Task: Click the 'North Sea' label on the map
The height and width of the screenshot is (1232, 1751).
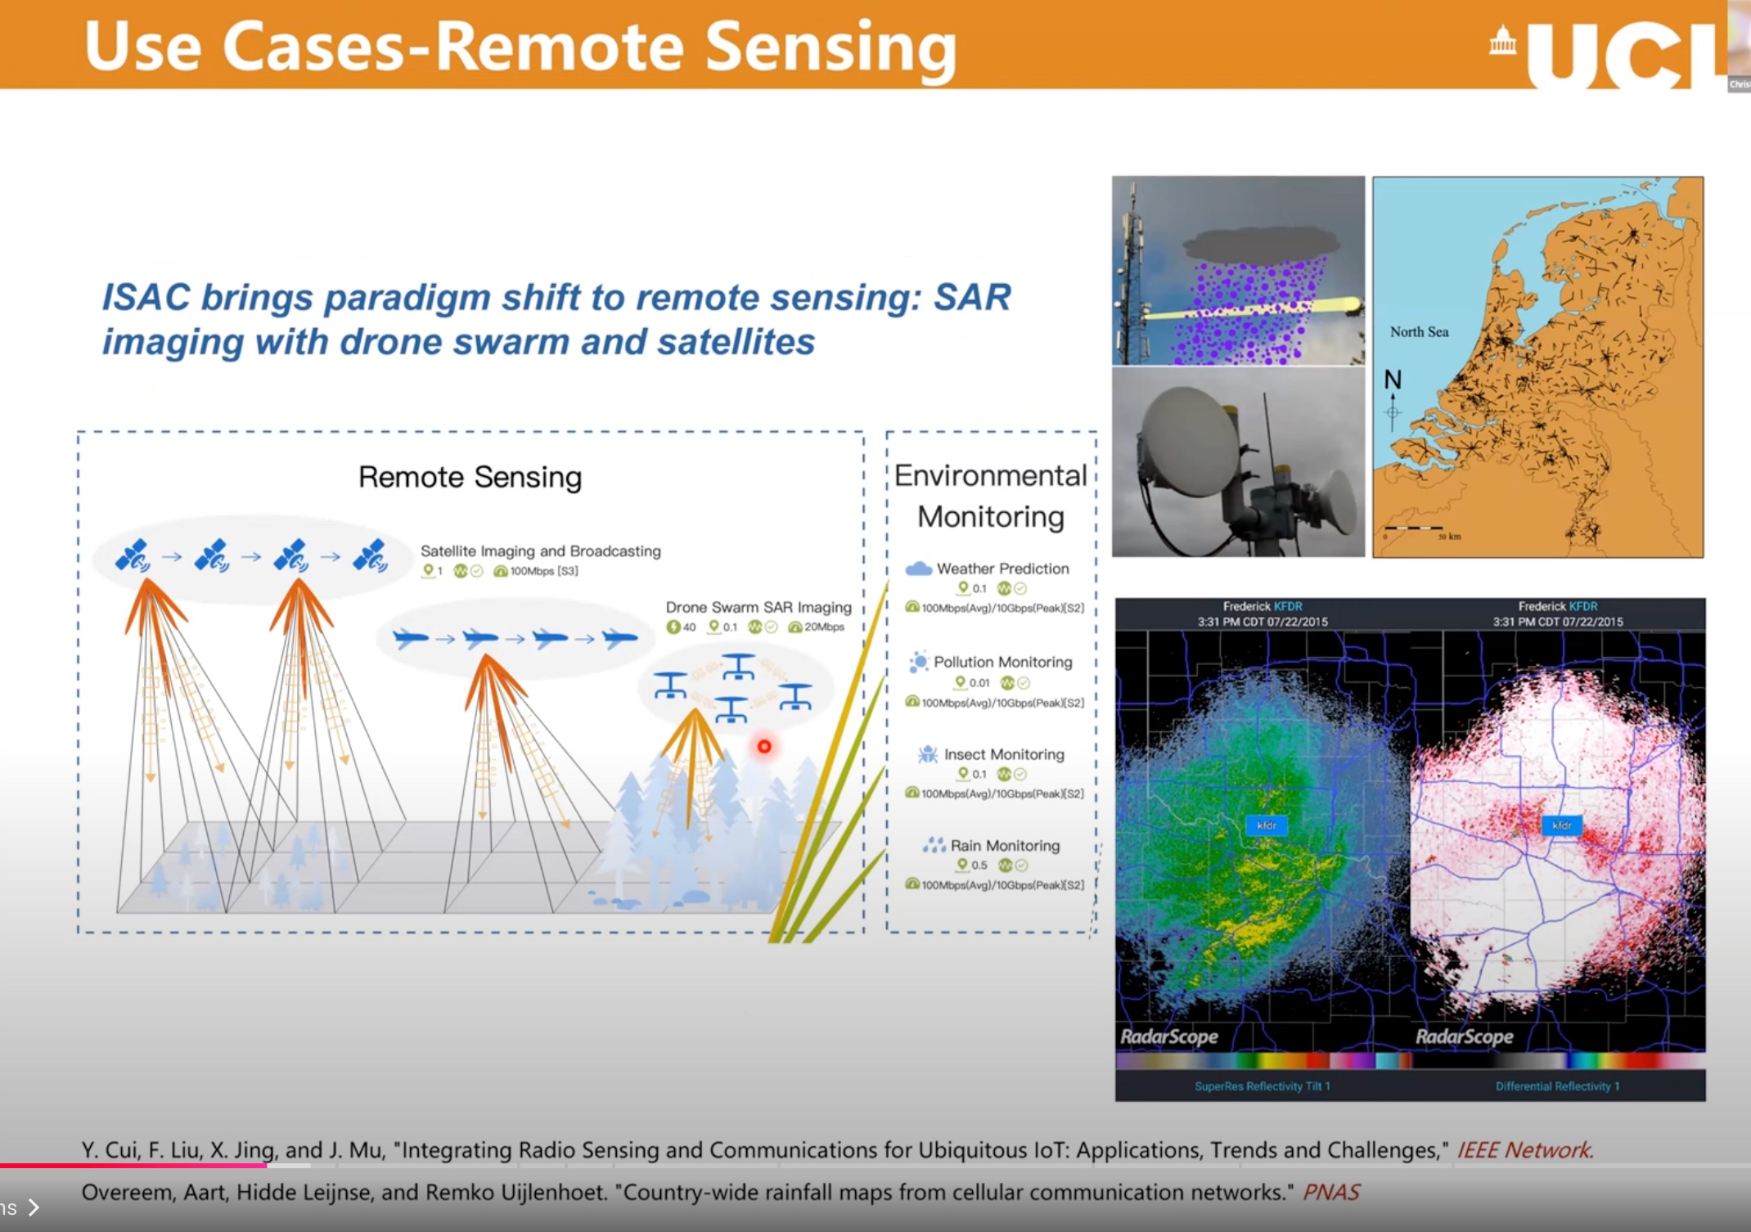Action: point(1419,332)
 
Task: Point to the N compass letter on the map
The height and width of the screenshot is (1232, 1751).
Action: point(1393,380)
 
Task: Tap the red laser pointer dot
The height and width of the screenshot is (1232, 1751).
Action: point(764,746)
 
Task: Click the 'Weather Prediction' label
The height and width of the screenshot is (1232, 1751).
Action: point(1002,569)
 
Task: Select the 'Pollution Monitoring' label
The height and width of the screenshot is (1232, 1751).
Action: point(1002,662)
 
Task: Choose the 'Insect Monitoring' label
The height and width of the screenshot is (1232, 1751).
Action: point(1004,754)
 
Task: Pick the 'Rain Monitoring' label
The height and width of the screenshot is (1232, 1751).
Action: point(1005,846)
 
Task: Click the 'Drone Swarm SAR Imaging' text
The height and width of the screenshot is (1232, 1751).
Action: point(758,607)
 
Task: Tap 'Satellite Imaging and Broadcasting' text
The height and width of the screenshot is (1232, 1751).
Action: point(541,551)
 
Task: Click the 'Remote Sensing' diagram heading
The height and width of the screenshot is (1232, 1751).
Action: point(470,477)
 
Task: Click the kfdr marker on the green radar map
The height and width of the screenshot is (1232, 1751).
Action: point(1267,825)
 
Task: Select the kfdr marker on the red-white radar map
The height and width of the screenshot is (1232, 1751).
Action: point(1561,825)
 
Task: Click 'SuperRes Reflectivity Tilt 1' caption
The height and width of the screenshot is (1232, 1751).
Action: point(1262,1086)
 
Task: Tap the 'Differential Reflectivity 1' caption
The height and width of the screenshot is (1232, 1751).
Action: point(1557,1086)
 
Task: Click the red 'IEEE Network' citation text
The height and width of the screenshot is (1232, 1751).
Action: point(1524,1150)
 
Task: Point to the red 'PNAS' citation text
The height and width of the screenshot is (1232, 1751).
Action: point(1331,1193)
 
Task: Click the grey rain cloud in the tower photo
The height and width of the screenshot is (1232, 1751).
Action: point(1260,242)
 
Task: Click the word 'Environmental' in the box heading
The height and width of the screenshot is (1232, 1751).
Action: point(990,475)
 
